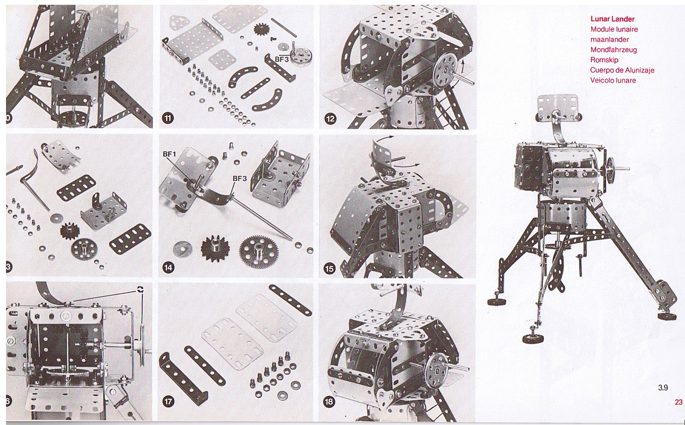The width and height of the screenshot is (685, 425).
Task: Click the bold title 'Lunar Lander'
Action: (612, 19)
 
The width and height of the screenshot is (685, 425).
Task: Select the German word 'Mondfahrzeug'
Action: (613, 50)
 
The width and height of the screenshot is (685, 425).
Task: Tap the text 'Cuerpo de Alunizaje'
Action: (622, 70)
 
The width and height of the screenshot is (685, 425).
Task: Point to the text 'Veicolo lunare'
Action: (613, 81)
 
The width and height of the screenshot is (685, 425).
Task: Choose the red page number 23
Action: (678, 402)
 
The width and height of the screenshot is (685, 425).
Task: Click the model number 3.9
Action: (663, 388)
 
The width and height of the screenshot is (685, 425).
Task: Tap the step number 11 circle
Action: (168, 118)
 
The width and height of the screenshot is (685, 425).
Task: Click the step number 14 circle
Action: (168, 268)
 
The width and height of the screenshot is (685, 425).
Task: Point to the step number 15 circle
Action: (329, 269)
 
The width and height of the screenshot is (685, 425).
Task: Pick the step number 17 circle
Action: (168, 401)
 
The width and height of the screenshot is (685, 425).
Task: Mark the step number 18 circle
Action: (329, 401)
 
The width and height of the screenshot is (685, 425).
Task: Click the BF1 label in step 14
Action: (169, 154)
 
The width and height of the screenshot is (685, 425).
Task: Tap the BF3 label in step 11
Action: (281, 59)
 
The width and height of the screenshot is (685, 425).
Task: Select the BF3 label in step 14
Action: (239, 178)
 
